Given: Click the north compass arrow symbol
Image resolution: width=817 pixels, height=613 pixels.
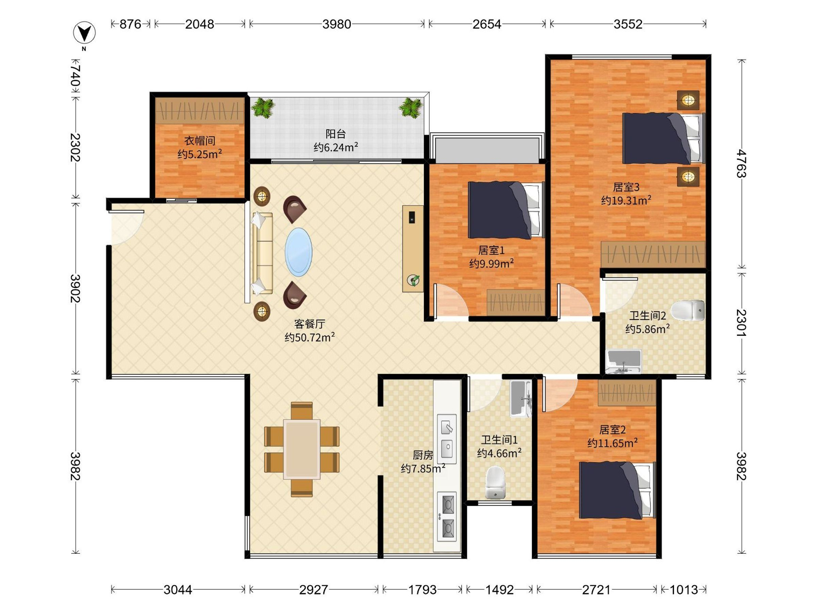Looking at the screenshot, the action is click(x=84, y=33).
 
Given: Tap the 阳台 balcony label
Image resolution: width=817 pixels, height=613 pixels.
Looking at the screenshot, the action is click(x=335, y=134).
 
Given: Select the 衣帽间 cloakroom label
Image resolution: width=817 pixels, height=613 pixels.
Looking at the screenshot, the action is click(x=199, y=141).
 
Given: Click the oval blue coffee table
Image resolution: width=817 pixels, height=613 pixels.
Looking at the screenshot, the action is click(x=299, y=252).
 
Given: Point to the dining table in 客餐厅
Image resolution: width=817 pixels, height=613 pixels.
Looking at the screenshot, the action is click(x=302, y=449).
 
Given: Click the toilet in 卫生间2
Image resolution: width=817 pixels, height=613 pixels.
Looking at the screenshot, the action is click(x=688, y=310).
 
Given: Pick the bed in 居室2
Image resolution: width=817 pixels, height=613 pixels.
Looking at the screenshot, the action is click(x=617, y=490).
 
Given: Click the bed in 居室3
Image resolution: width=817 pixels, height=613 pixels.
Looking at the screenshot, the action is click(x=664, y=138).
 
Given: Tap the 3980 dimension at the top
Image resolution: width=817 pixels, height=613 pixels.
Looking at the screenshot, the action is click(x=336, y=25).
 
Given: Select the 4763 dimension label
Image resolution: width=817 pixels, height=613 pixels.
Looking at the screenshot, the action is click(x=741, y=163).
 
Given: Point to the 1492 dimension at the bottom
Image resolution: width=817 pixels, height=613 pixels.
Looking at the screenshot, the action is click(x=499, y=590).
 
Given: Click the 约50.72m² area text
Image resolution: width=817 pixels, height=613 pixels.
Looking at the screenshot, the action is click(x=309, y=337).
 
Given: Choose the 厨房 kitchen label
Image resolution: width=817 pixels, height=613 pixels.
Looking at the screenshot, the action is click(x=423, y=455).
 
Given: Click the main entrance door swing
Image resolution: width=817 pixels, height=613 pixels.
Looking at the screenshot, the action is click(x=126, y=227).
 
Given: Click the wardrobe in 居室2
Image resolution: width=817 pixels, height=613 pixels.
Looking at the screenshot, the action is click(x=627, y=393).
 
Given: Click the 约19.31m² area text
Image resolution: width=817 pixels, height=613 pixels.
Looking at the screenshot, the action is click(x=626, y=200).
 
